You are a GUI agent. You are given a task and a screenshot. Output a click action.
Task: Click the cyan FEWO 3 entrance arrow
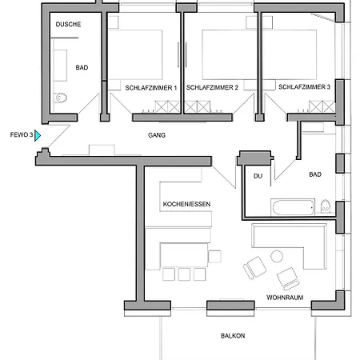pyautogui.click(x=38, y=135)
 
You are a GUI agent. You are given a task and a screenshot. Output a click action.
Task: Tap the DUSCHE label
pyautogui.click(x=68, y=24)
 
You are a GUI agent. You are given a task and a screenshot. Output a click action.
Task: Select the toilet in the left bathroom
pyautogui.click(x=61, y=98)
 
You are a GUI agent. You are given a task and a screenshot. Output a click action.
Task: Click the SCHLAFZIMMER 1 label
pyautogui.click(x=151, y=88)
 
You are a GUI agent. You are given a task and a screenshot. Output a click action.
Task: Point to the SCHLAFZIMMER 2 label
pyautogui.click(x=212, y=87)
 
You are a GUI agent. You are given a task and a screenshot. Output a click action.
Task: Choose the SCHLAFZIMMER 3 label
pyautogui.click(x=304, y=87)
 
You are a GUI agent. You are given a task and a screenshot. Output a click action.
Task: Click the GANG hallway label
pyautogui.click(x=157, y=135)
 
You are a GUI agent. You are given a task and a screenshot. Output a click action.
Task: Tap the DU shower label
pyautogui.click(x=258, y=176)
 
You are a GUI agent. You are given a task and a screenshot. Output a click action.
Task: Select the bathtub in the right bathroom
pyautogui.click(x=293, y=207)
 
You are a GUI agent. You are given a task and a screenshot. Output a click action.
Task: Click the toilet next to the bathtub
pyautogui.click(x=326, y=206)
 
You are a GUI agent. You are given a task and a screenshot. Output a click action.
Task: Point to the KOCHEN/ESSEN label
pyautogui.click(x=186, y=204)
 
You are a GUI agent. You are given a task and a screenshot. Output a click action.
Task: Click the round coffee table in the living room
pyautogui.click(x=277, y=256)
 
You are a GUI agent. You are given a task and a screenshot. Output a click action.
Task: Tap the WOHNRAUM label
pyautogui.click(x=285, y=298)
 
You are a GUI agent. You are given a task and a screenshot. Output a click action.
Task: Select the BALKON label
pyautogui.click(x=233, y=336)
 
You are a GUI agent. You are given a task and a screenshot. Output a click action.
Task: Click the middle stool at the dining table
pyautogui.click(x=184, y=274)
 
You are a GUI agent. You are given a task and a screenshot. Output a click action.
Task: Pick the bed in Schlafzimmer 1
pyautogui.click(x=135, y=54)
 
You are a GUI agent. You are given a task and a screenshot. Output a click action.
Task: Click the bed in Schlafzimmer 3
pyautogui.click(x=290, y=54)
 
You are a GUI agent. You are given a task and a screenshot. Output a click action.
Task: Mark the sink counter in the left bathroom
pyautogui.click(x=60, y=66)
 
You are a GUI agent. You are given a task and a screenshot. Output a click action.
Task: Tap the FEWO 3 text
pyautogui.click(x=22, y=135)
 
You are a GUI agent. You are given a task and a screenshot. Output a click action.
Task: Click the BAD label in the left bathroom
pyautogui.click(x=82, y=67)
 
